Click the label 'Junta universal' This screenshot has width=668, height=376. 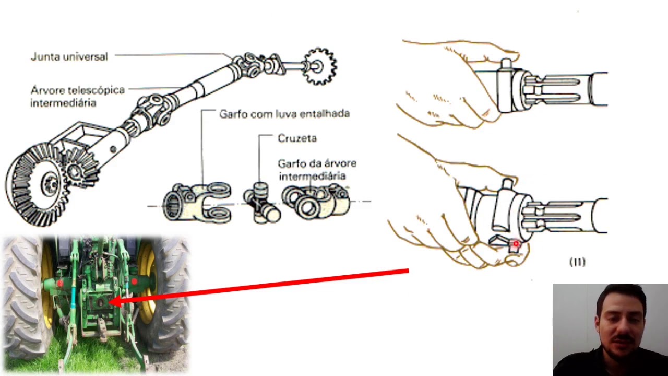pos(69,57)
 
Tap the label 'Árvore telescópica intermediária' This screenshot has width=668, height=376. pos(78,96)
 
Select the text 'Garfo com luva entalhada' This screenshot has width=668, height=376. pos(284,114)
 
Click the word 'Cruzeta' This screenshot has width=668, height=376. pos(297,138)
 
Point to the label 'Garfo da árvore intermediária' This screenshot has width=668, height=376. pos(317,170)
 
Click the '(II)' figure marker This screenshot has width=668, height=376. pos(578,262)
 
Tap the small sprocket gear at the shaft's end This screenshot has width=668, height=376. pos(319,66)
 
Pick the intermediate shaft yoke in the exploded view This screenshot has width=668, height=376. pos(316,201)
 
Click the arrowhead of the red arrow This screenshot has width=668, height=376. pos(118,301)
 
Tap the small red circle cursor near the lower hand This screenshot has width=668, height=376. pos(516,244)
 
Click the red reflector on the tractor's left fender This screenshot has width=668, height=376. pos(60,283)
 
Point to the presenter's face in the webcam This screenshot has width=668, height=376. pos(621,319)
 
